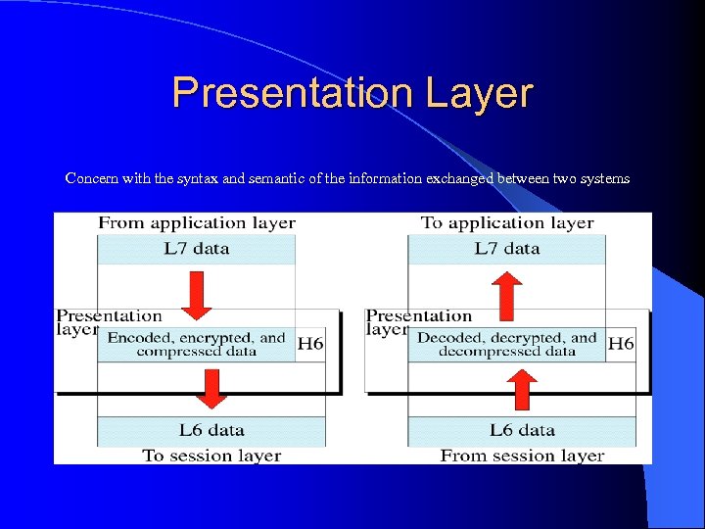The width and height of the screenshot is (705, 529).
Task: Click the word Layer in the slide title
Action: [479, 94]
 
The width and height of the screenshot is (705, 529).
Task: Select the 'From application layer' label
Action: [196, 223]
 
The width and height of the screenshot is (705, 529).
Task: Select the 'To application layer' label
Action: [507, 223]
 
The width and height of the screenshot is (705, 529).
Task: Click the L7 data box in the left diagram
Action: [196, 249]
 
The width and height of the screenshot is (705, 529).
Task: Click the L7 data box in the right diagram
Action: [506, 249]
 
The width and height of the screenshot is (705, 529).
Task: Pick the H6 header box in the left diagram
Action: [310, 344]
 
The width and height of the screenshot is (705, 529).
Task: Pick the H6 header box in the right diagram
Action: [621, 344]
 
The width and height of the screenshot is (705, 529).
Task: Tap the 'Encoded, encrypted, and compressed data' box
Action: [197, 344]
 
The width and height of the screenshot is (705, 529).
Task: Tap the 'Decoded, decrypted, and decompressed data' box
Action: [506, 344]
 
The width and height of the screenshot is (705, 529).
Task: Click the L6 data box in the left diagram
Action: [211, 430]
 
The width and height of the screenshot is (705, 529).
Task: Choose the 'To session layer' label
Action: [211, 456]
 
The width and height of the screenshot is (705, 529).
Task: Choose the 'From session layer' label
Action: [522, 456]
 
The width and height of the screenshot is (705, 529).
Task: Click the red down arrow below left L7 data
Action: [197, 295]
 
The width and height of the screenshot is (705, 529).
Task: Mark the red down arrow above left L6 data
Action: [212, 387]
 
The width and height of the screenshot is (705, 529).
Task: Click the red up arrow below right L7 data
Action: [506, 297]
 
